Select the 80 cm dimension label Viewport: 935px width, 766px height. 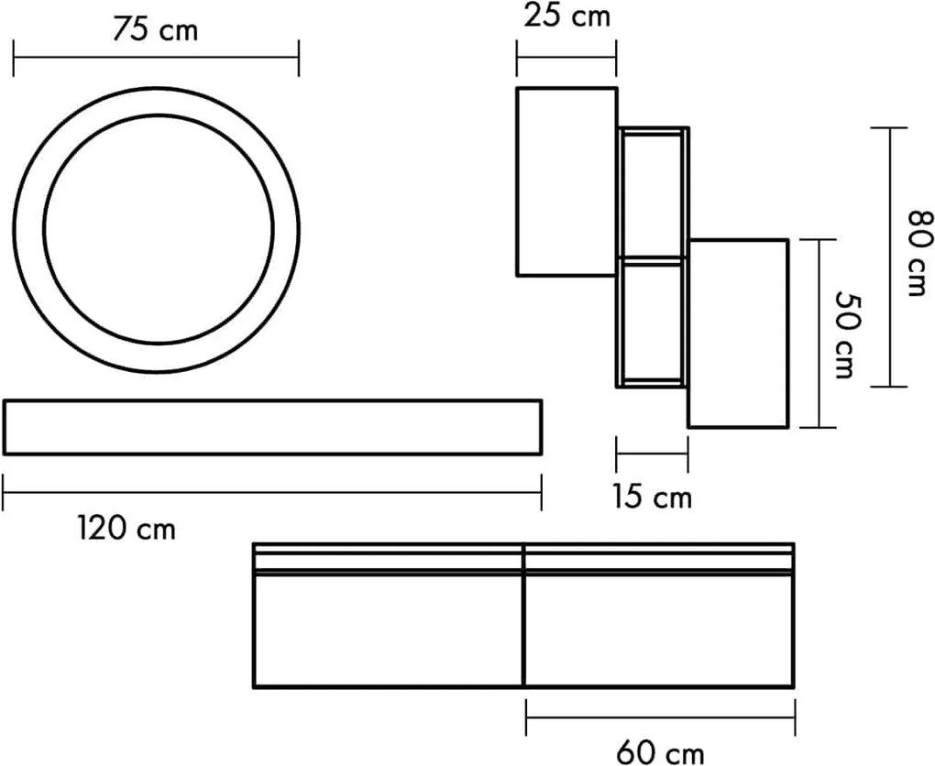click(918, 253)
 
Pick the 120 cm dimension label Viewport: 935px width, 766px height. click(126, 528)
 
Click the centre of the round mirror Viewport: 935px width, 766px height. click(157, 229)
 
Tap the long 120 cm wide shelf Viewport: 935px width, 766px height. click(272, 427)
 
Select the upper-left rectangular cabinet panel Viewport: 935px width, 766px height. click(566, 181)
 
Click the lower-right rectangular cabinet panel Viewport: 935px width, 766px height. click(738, 334)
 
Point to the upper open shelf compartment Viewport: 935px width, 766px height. click(652, 195)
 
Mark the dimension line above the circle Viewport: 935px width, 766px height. click(156, 58)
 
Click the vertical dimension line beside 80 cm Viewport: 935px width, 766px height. click(889, 257)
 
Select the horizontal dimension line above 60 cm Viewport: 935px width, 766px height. click(660, 717)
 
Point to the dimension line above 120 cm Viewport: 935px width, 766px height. click(272, 492)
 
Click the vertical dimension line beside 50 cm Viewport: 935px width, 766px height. click(818, 334)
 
